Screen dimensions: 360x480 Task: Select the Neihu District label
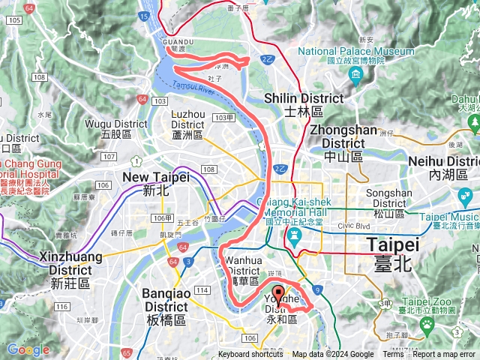click(442, 167)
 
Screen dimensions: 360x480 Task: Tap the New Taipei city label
click(156, 183)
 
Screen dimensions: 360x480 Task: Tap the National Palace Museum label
click(355, 55)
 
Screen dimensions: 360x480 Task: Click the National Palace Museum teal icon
click(355, 75)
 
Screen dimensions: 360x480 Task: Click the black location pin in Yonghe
click(278, 293)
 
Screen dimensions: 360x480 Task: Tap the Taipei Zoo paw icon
click(427, 323)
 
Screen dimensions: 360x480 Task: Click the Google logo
click(28, 349)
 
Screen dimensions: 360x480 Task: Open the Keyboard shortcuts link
click(250, 355)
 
